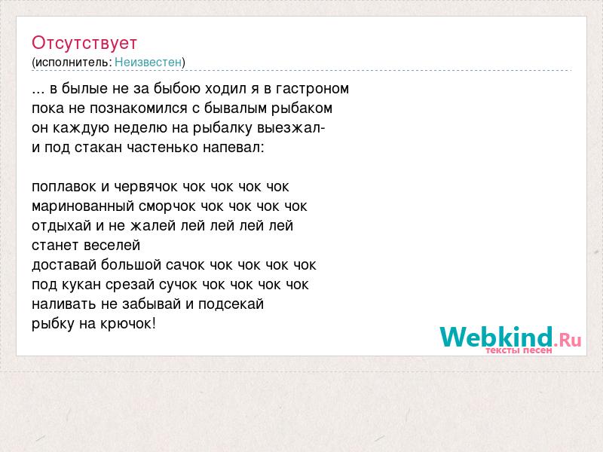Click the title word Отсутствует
coord(84,43)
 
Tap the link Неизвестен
coord(148,62)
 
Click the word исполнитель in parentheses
coord(72,63)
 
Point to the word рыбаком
coord(302,108)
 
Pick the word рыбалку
coord(222,128)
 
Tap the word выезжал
coord(291,128)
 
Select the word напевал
coord(234,148)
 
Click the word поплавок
coord(64,187)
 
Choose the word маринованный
coord(83,206)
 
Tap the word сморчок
coord(167,206)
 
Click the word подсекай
coord(231,304)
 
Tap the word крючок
coord(128,324)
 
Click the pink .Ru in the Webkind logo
coord(568,341)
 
